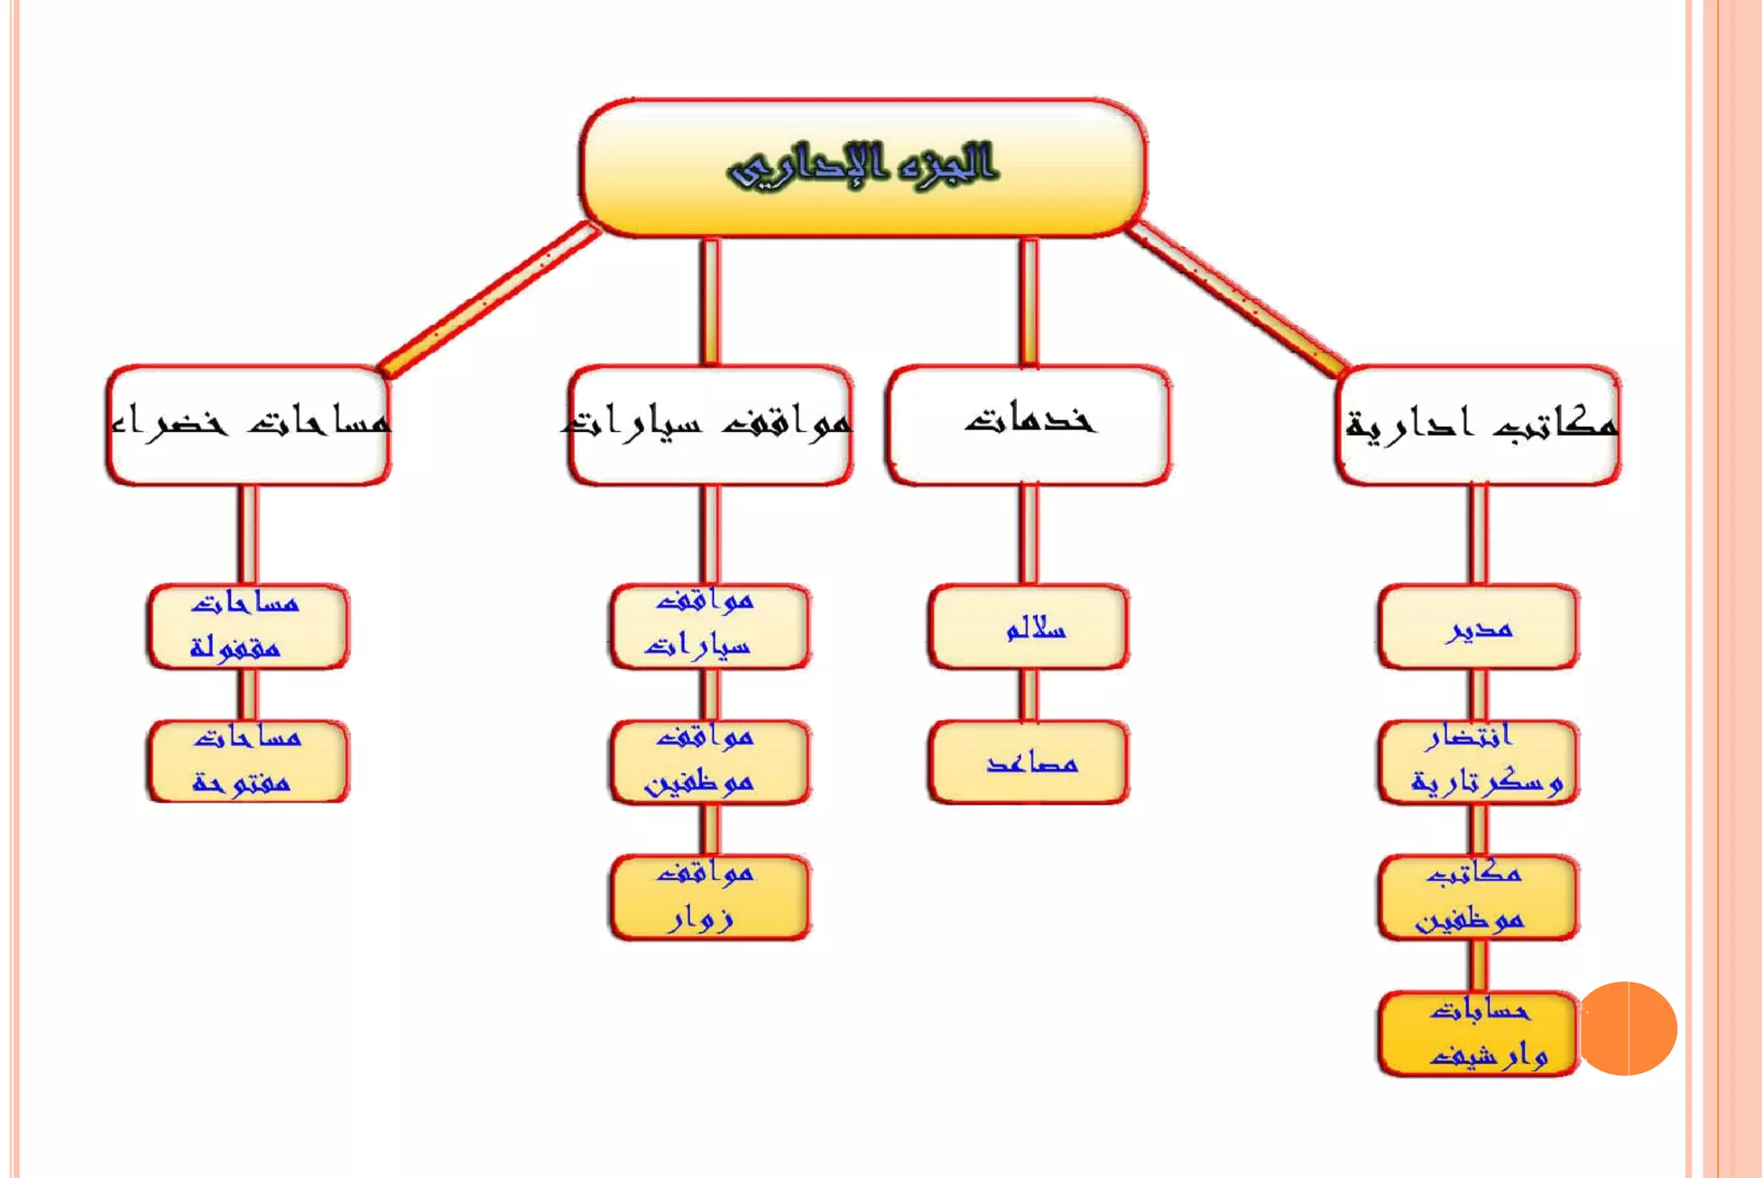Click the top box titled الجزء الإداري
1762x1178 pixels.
863,167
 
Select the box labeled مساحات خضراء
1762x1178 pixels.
248,425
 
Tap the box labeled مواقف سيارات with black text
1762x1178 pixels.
711,425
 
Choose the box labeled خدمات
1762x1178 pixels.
1028,425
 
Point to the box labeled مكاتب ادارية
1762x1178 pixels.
1478,425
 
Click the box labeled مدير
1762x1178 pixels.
1478,627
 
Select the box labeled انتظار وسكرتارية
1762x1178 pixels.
1478,762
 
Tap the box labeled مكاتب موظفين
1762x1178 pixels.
1478,897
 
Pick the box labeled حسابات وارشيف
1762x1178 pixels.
1478,1033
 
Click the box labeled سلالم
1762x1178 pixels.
1029,627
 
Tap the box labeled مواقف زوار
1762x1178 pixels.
710,897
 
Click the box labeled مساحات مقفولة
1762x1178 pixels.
248,627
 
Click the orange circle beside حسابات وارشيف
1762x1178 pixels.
1629,1028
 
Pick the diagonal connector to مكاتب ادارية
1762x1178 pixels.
1236,299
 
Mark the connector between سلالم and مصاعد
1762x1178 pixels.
1029,694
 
